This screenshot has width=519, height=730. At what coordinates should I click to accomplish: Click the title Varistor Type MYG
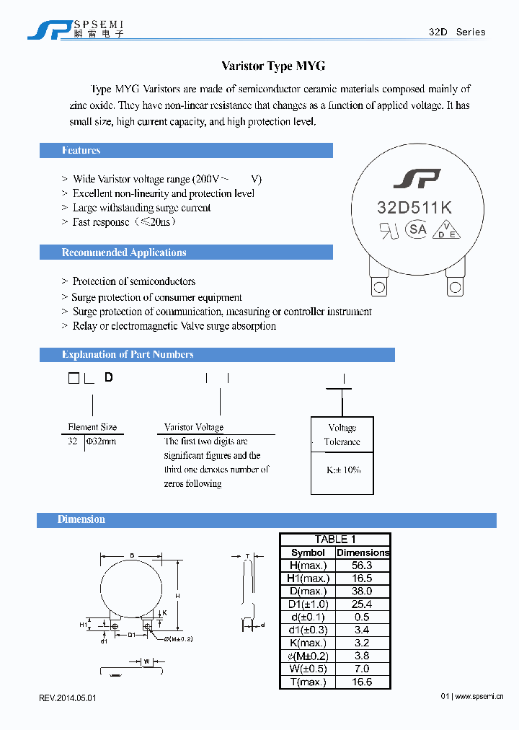pyautogui.click(x=273, y=66)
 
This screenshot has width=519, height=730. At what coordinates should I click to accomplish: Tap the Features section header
pyautogui.click(x=81, y=151)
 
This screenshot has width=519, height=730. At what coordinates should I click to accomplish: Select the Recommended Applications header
pyautogui.click(x=124, y=252)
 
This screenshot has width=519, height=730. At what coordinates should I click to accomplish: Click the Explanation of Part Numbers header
pyautogui.click(x=128, y=354)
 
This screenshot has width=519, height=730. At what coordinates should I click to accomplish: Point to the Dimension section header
pyautogui.click(x=81, y=519)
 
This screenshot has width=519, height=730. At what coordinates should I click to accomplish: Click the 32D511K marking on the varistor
pyautogui.click(x=414, y=208)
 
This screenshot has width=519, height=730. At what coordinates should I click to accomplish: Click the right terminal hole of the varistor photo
pyautogui.click(x=455, y=287)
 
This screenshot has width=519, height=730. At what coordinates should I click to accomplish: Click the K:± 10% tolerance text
pyautogui.click(x=343, y=470)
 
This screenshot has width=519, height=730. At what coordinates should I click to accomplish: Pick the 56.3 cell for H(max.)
pyautogui.click(x=363, y=566)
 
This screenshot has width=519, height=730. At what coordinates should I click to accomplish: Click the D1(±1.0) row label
pyautogui.click(x=308, y=604)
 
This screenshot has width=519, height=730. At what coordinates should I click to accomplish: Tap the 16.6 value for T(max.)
pyautogui.click(x=363, y=682)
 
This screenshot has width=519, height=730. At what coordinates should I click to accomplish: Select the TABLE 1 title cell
pyautogui.click(x=335, y=540)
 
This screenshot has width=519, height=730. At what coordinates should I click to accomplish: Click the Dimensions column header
pyautogui.click(x=363, y=553)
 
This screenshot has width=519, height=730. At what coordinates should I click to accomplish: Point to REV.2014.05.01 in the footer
pyautogui.click(x=68, y=698)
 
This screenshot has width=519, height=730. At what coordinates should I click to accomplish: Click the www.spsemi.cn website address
pyautogui.click(x=480, y=697)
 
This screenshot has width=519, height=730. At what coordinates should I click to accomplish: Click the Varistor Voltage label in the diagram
pyautogui.click(x=194, y=427)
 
